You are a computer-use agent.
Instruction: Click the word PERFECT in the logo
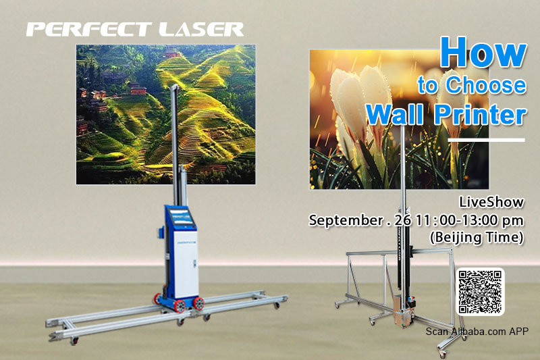[89, 30]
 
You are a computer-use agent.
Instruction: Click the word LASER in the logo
[201, 30]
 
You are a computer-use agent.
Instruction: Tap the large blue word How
[483, 52]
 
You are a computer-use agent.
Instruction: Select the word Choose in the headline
[486, 84]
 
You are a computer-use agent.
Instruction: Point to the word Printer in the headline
[480, 114]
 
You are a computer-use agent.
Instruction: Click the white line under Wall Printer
[486, 140]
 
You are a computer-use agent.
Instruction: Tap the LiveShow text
[491, 202]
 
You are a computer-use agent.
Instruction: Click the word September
[346, 220]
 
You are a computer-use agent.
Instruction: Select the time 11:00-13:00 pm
[470, 220]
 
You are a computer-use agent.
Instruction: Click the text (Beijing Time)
[477, 237]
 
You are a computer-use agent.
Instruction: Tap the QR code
[480, 292]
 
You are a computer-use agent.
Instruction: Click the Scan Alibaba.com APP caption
[477, 332]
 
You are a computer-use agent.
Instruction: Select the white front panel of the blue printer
[186, 264]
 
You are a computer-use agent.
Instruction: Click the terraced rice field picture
[165, 114]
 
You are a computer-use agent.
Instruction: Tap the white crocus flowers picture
[399, 120]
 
